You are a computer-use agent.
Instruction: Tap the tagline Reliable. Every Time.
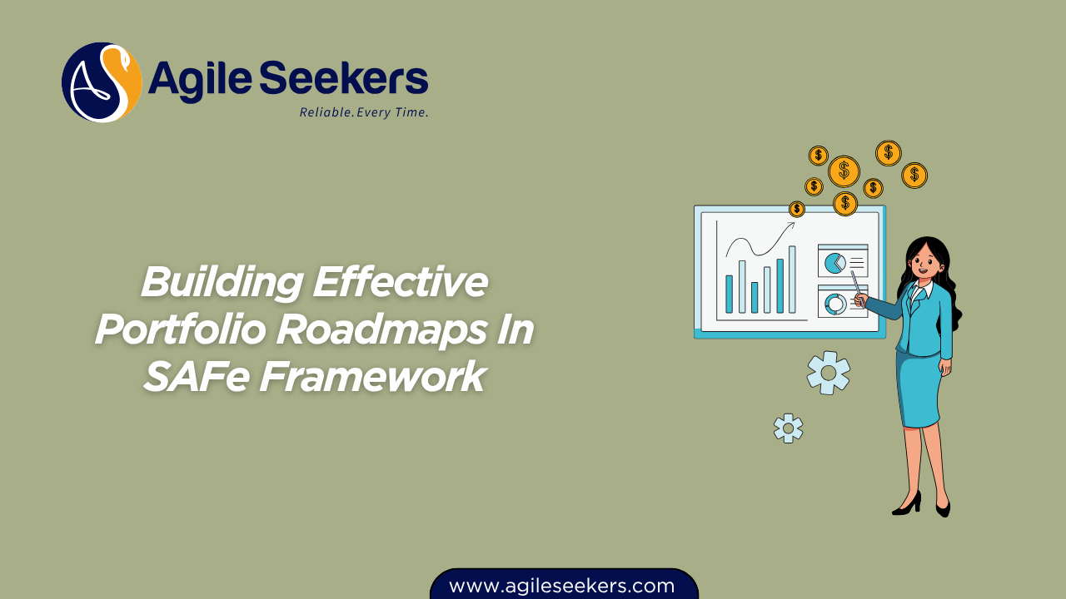364,112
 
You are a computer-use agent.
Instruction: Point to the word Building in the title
221,283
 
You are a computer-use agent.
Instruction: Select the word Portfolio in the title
180,330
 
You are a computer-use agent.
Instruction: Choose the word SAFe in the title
196,377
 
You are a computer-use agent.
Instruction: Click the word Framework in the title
371,377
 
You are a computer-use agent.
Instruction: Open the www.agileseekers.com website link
562,586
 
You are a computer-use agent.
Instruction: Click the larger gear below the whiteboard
828,373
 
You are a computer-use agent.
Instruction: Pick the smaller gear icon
788,428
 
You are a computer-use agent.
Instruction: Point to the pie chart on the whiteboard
833,264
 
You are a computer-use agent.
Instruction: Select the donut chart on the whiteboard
834,304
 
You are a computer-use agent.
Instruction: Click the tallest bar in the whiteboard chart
792,279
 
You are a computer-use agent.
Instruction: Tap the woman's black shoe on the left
908,503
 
